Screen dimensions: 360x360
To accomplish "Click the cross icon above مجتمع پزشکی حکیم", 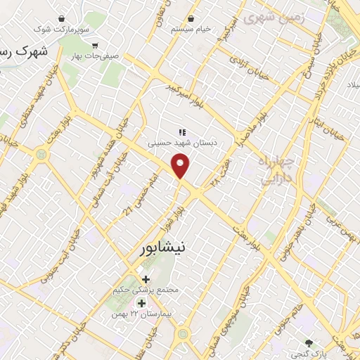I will [x=146, y=280].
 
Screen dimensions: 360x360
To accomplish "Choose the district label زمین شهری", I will [x=274, y=18].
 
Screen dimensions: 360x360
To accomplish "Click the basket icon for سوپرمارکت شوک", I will [x=63, y=18].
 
